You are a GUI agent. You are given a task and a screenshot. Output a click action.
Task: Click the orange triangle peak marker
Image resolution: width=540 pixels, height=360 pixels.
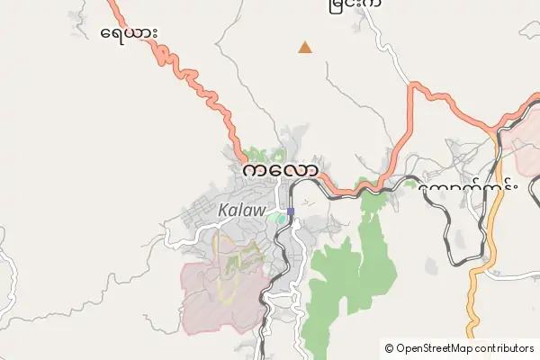pos(306,48)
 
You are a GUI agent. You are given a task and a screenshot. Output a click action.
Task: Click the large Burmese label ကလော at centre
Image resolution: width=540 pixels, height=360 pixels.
pos(279,170)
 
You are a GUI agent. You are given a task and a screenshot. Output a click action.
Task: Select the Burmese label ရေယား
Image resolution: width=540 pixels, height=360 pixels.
pos(130,33)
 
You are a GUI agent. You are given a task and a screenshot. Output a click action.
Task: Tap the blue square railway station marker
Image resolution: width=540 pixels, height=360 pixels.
pos(290,212)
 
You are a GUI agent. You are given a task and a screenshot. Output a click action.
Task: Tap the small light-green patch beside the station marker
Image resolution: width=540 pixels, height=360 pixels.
pos(281,217)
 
